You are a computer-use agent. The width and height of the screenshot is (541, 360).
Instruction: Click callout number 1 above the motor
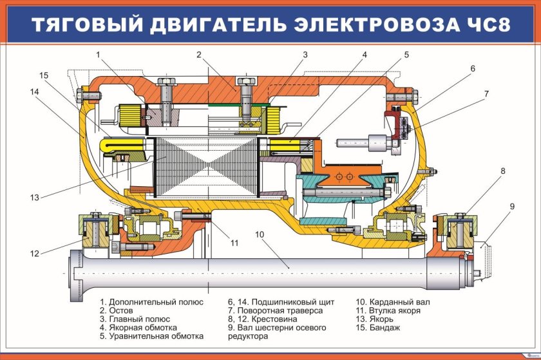pos(99,55)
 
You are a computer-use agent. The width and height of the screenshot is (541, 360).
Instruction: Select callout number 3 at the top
pos(305,55)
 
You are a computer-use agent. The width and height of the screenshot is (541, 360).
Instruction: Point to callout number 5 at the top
pos(407,55)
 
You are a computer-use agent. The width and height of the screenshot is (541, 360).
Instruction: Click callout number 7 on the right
pos(486,94)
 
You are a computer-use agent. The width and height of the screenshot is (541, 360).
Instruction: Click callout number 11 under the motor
pos(234,243)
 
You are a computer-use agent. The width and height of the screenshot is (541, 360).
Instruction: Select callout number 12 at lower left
pos(34,253)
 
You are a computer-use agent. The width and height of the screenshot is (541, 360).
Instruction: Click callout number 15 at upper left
pos(44,75)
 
